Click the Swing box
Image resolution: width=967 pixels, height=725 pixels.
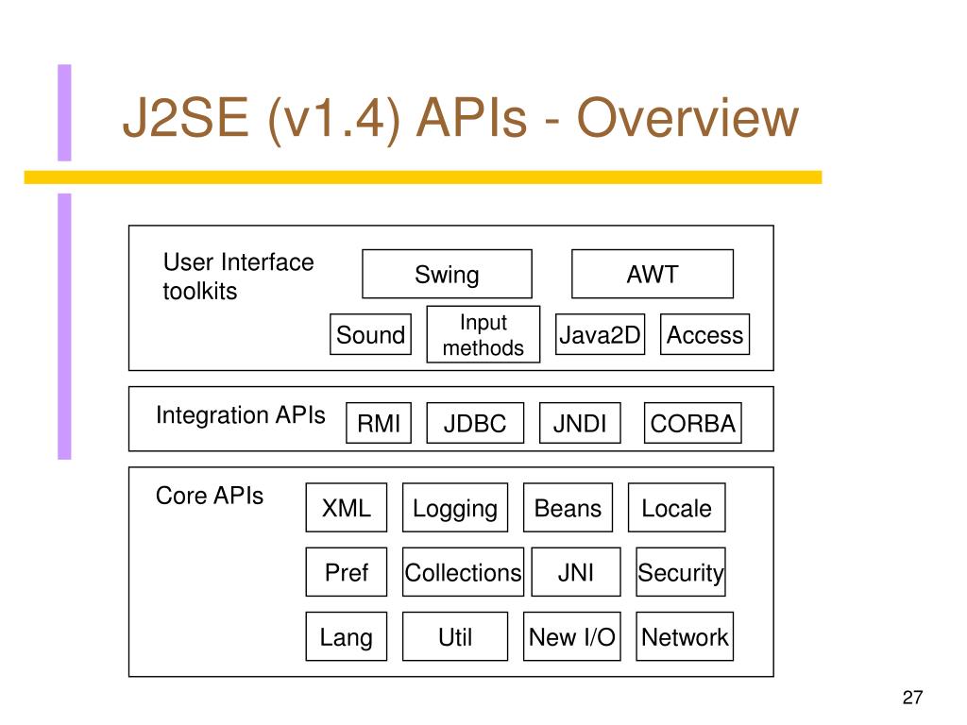[447, 274]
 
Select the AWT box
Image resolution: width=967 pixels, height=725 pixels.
[653, 274]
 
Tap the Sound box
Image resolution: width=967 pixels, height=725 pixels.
[370, 334]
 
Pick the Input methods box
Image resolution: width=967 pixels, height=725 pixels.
[483, 334]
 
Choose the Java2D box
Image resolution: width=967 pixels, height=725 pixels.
[600, 334]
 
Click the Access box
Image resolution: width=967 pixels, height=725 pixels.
[704, 334]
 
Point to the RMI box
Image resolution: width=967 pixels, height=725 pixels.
[379, 423]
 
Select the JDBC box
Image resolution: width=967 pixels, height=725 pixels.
[475, 423]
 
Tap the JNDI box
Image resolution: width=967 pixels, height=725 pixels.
[580, 423]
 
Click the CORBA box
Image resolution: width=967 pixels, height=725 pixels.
[692, 423]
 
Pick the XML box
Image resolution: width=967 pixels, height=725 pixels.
[347, 507]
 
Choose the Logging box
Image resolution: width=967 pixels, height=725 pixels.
[455, 507]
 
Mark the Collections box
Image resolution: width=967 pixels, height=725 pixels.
[463, 572]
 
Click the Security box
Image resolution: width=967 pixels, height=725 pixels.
[681, 572]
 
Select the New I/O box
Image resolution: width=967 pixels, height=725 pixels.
[572, 636]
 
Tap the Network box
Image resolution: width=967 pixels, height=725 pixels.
[685, 636]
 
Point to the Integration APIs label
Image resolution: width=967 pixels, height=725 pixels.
[241, 415]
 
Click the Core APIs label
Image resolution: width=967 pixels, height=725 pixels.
[210, 496]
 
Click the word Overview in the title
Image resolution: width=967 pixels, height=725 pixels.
[687, 117]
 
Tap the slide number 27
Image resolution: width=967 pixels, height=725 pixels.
[913, 698]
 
